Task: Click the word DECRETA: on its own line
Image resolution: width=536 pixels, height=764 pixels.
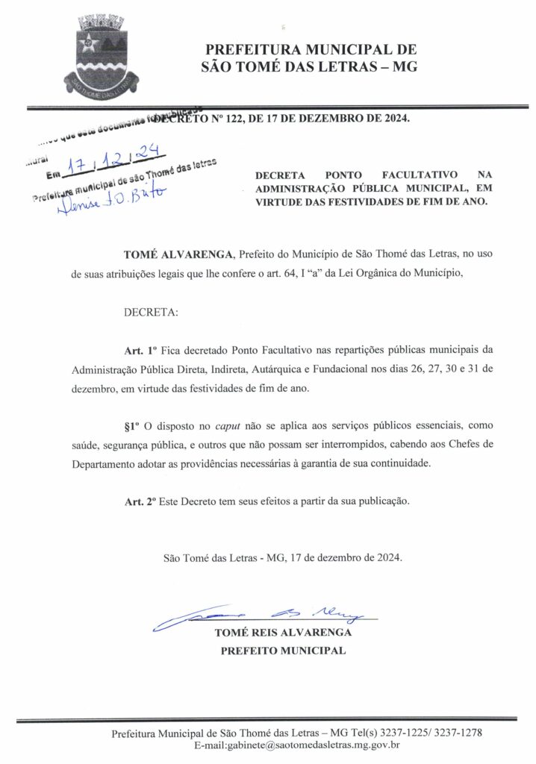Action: (x=151, y=312)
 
